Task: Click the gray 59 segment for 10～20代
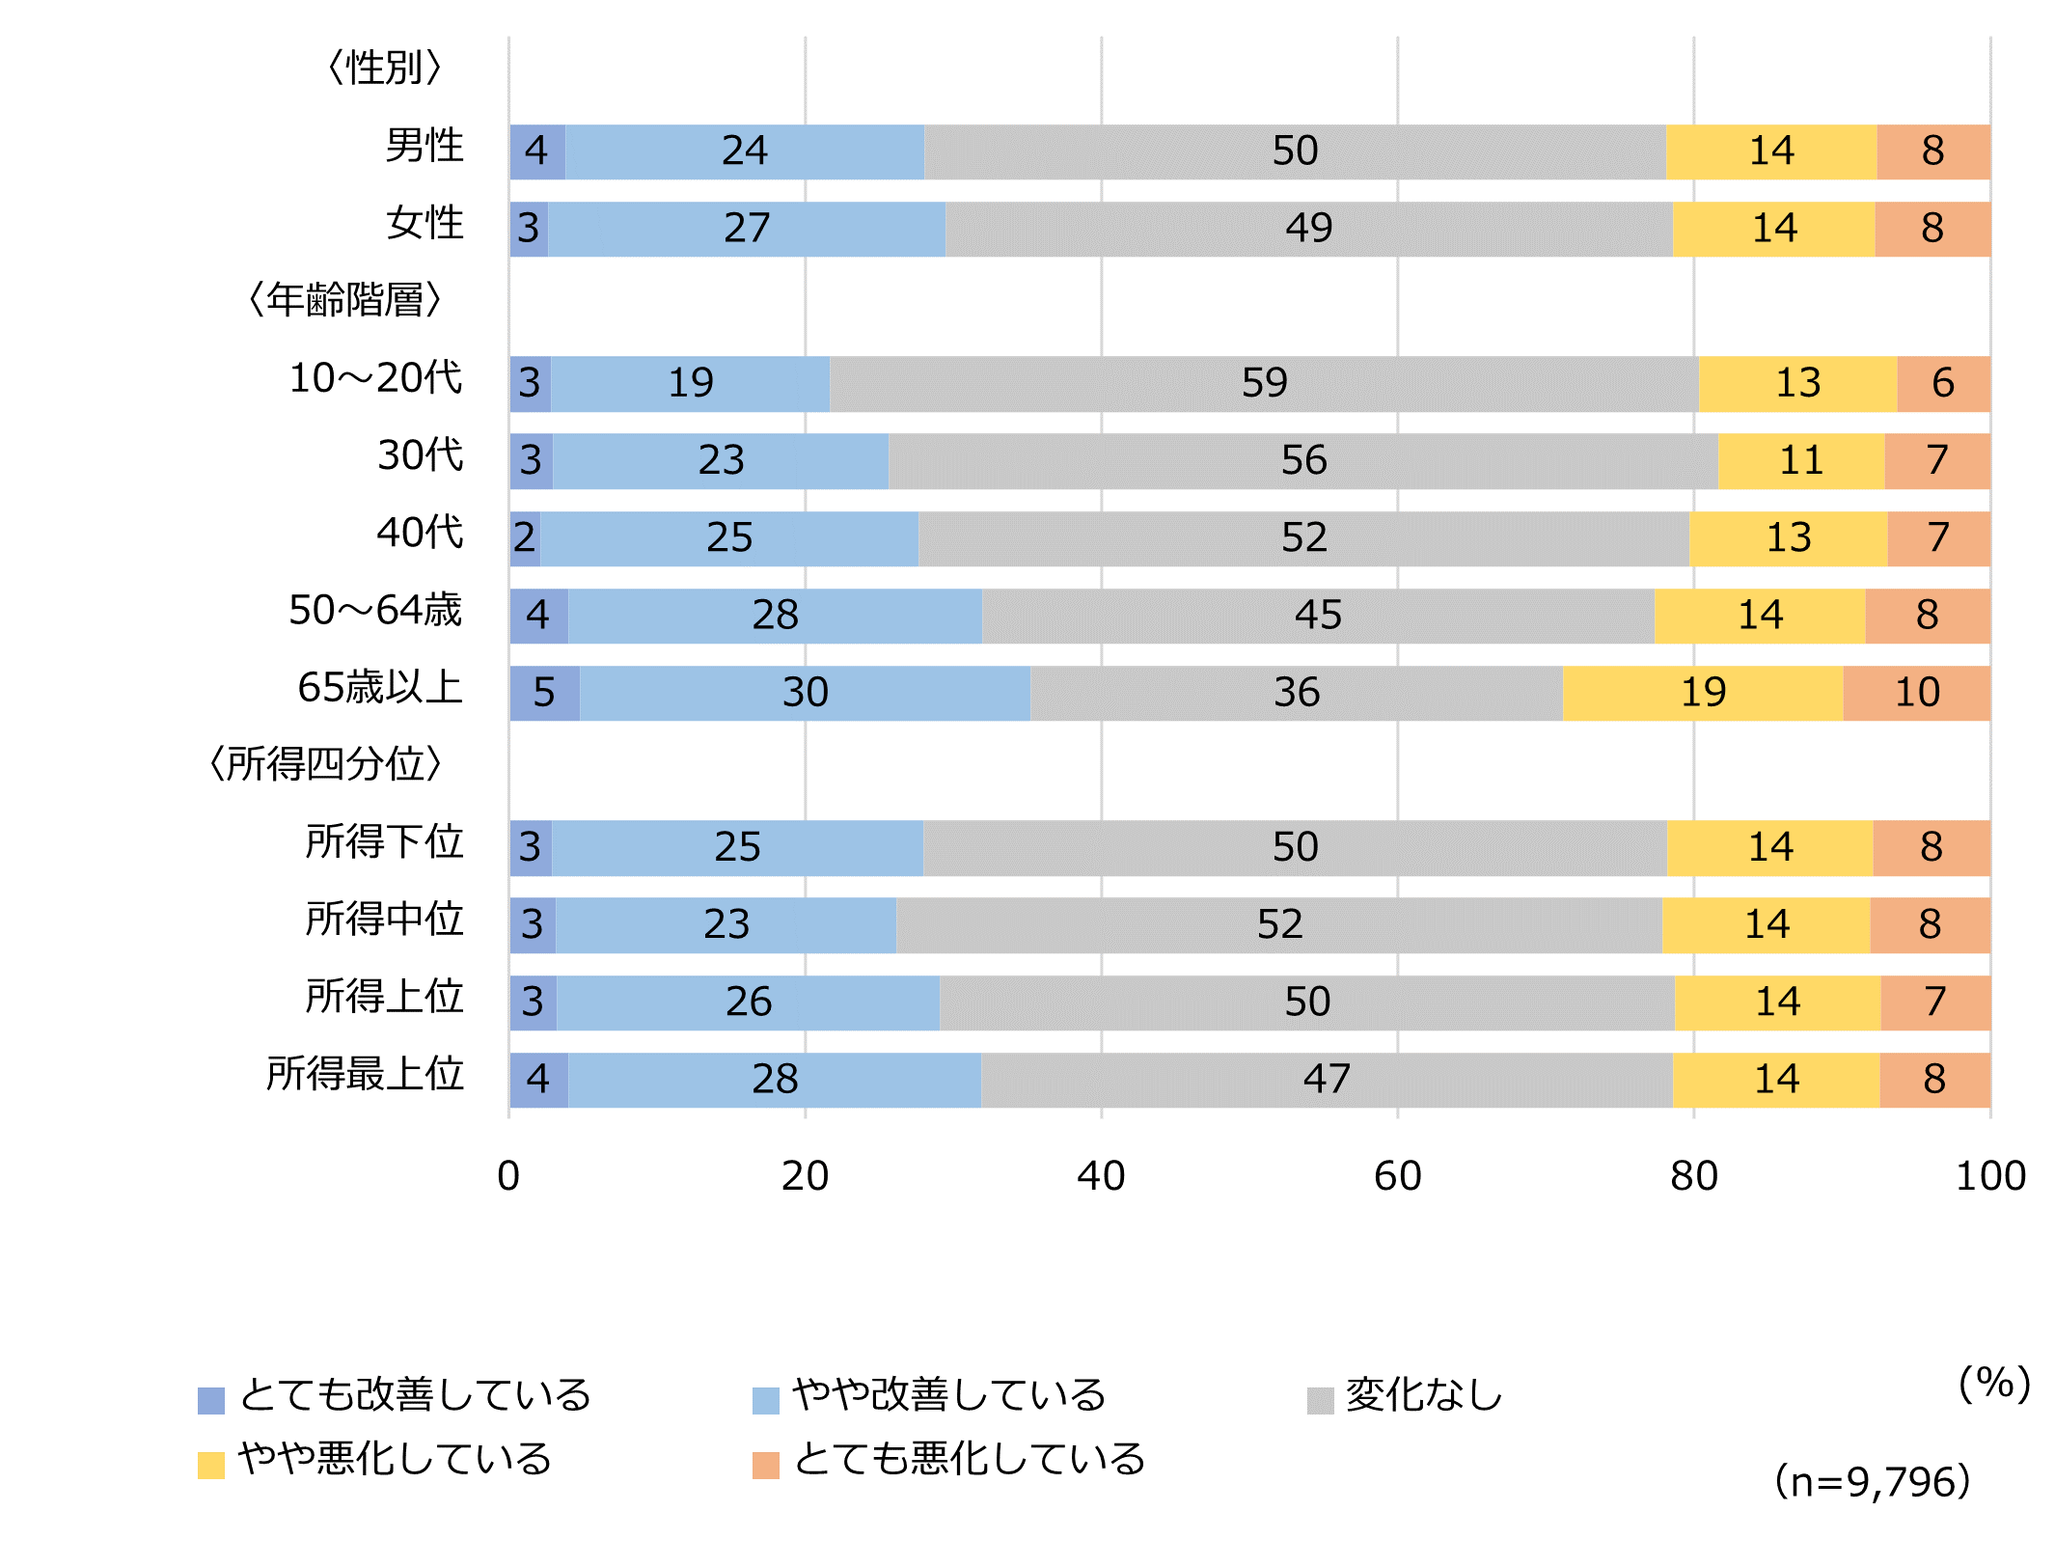(1264, 384)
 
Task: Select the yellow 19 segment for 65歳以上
(1703, 693)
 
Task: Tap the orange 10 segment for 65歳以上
(1916, 693)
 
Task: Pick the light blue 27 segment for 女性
(747, 230)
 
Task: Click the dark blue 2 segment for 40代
(525, 538)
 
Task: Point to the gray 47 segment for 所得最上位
(1327, 1080)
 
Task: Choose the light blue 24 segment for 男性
(744, 151)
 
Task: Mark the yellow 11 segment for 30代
(1801, 461)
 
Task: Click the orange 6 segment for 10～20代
(1943, 384)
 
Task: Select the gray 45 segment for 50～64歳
(1318, 616)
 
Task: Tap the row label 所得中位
(384, 920)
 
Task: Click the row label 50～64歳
(375, 611)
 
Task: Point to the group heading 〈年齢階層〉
(344, 300)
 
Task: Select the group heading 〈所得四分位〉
(326, 764)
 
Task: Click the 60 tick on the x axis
(1397, 1176)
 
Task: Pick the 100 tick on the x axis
(1989, 1176)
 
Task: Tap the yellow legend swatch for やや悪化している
(211, 1465)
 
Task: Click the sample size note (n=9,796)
(1872, 1482)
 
